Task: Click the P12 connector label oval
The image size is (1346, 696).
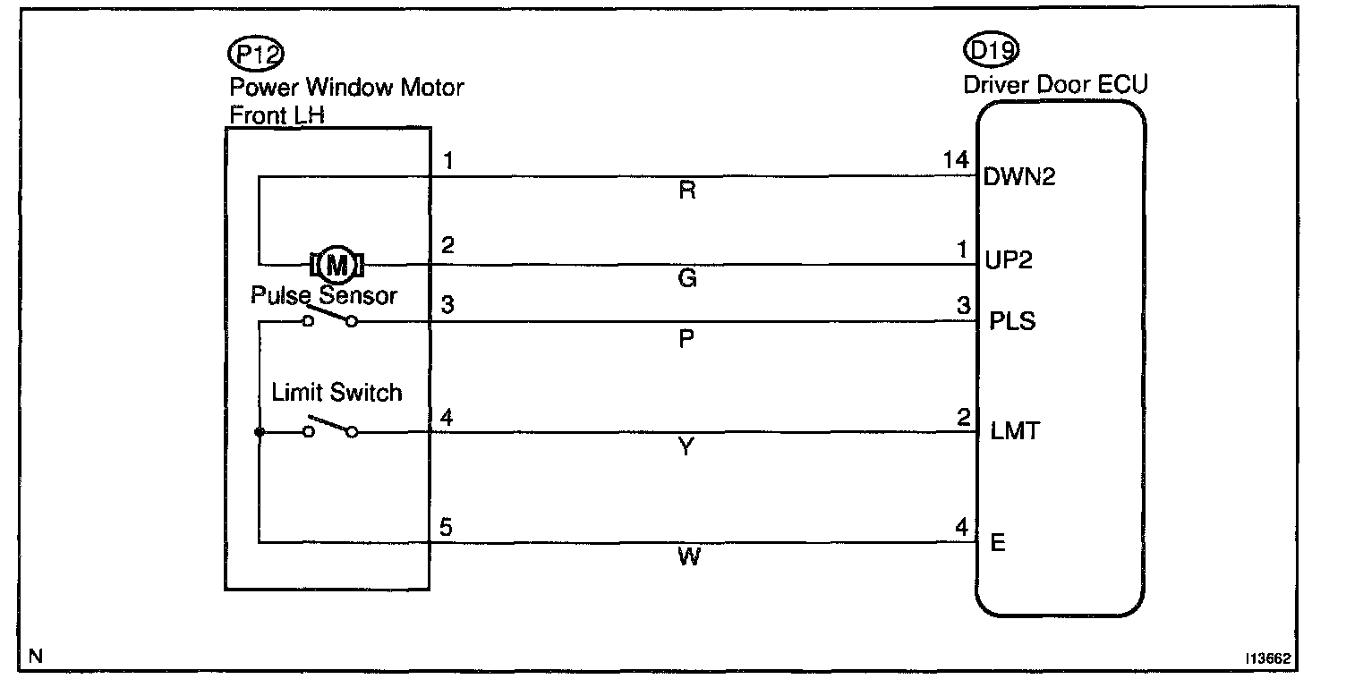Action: (x=257, y=55)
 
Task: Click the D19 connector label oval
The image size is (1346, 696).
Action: (x=992, y=51)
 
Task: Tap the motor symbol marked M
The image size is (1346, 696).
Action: (x=336, y=265)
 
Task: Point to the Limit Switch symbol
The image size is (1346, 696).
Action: (x=329, y=428)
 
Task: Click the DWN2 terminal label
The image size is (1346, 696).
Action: (x=1019, y=176)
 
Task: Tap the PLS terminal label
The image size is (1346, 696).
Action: (x=1012, y=320)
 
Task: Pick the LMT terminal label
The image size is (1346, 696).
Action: (x=1015, y=431)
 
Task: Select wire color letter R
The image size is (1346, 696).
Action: (x=687, y=191)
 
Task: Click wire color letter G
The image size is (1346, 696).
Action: (x=687, y=279)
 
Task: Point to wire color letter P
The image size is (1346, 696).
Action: (x=687, y=340)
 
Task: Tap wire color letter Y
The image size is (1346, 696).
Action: (x=686, y=447)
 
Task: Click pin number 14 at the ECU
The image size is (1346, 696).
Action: (x=956, y=160)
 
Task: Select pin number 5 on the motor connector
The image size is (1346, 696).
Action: (x=446, y=528)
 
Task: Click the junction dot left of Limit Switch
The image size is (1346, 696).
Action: (x=259, y=433)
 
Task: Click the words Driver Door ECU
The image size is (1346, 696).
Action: (x=1055, y=85)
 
